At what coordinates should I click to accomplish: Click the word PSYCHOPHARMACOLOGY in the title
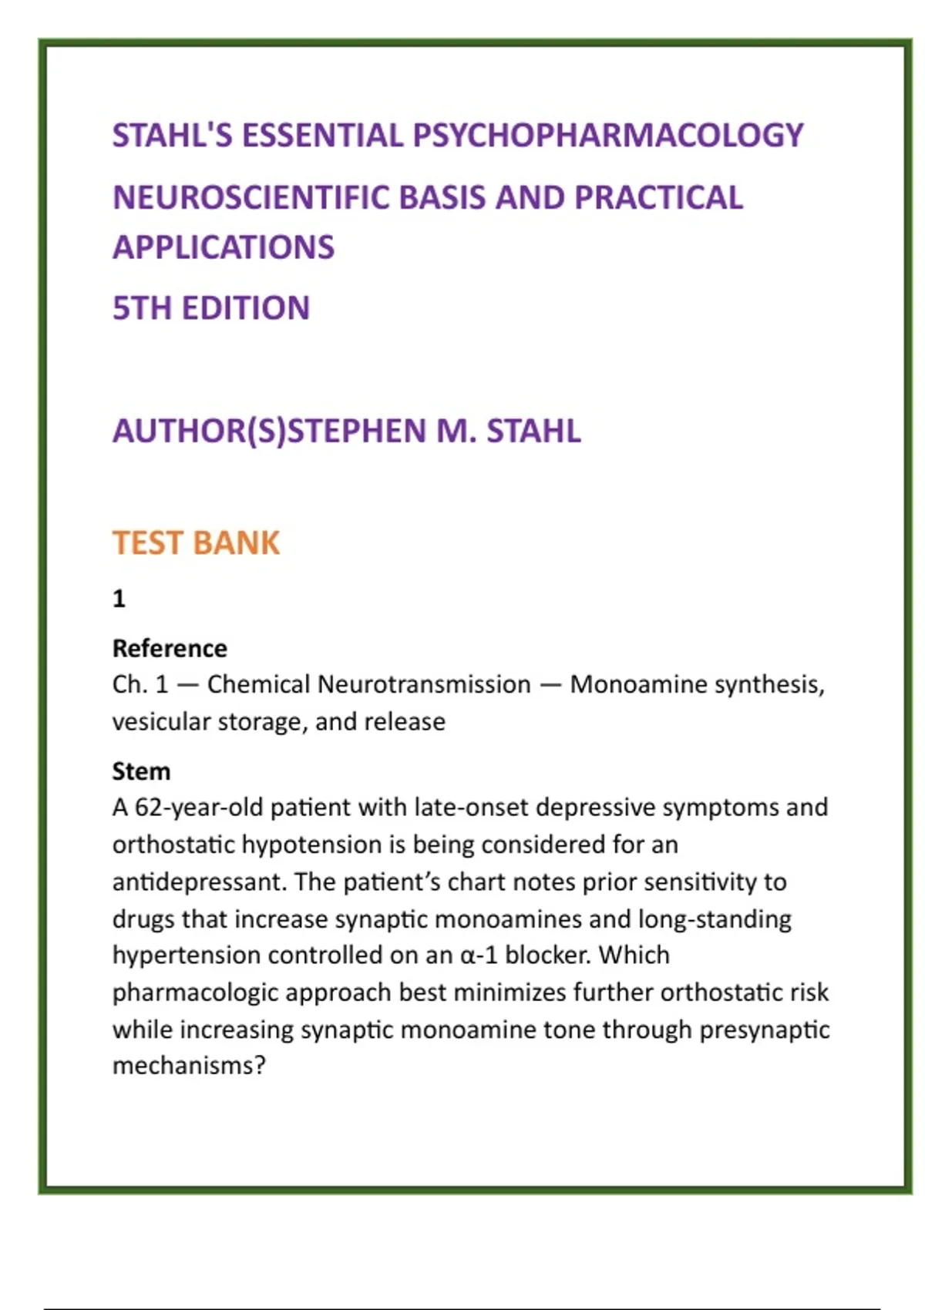point(608,136)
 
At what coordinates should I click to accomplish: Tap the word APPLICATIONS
point(224,247)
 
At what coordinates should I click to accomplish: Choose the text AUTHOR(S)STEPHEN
point(269,431)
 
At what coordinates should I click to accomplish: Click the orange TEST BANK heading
point(196,542)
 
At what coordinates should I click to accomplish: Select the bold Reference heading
point(170,648)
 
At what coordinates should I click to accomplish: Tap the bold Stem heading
point(141,771)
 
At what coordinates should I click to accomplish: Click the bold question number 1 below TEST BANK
point(119,598)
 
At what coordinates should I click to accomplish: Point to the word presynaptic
point(764,1030)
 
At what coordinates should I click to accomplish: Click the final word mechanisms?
point(189,1066)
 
